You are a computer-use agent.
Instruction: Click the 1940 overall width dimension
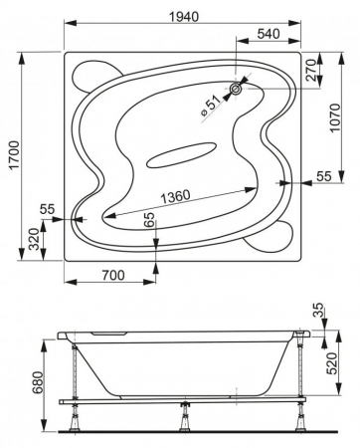184,17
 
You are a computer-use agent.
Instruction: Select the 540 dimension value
269,34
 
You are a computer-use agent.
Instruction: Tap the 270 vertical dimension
310,71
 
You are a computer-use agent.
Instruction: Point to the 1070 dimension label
335,117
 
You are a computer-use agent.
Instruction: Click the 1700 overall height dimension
15,155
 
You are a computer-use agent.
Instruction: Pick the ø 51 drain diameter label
211,106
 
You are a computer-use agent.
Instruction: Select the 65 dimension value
150,219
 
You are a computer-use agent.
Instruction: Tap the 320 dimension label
34,240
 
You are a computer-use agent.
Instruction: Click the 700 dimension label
113,275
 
